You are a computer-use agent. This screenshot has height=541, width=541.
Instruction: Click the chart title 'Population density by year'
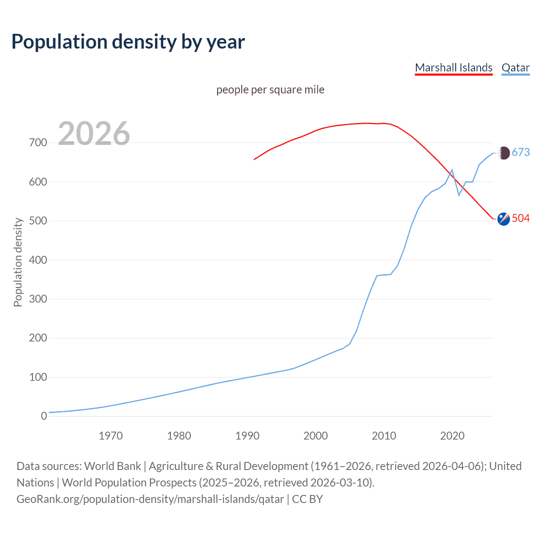[x=128, y=42]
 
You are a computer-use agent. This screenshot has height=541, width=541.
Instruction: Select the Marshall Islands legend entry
[x=454, y=68]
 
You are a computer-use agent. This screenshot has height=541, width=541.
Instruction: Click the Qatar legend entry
[x=515, y=68]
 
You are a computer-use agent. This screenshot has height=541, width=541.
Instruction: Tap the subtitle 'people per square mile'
[x=270, y=90]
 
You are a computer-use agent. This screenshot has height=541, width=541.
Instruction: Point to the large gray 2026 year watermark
[x=94, y=134]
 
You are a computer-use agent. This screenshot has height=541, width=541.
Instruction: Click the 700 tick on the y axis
[x=38, y=143]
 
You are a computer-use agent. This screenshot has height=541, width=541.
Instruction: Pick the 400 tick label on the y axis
[x=38, y=260]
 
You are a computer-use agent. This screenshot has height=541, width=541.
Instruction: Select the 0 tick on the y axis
[x=44, y=416]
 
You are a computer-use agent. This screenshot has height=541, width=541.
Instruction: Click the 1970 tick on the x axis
[x=111, y=436]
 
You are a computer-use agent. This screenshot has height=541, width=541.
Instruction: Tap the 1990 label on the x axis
[x=247, y=436]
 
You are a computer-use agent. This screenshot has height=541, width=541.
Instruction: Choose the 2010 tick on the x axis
[x=384, y=436]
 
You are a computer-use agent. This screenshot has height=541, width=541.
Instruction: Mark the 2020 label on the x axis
[x=452, y=436]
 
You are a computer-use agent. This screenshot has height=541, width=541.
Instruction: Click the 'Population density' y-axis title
[x=18, y=262]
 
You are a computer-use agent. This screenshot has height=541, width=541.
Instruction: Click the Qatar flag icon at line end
[x=503, y=153]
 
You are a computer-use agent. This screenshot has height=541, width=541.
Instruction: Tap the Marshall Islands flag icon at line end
[x=503, y=219]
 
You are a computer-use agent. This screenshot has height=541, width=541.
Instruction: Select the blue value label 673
[x=521, y=153]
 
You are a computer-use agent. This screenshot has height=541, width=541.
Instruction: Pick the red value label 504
[x=521, y=219]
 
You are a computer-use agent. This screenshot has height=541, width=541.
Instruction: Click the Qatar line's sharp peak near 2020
[x=452, y=170]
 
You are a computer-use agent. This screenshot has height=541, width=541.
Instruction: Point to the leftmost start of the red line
[x=254, y=159]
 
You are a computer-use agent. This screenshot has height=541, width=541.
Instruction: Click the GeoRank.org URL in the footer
[x=150, y=499]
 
